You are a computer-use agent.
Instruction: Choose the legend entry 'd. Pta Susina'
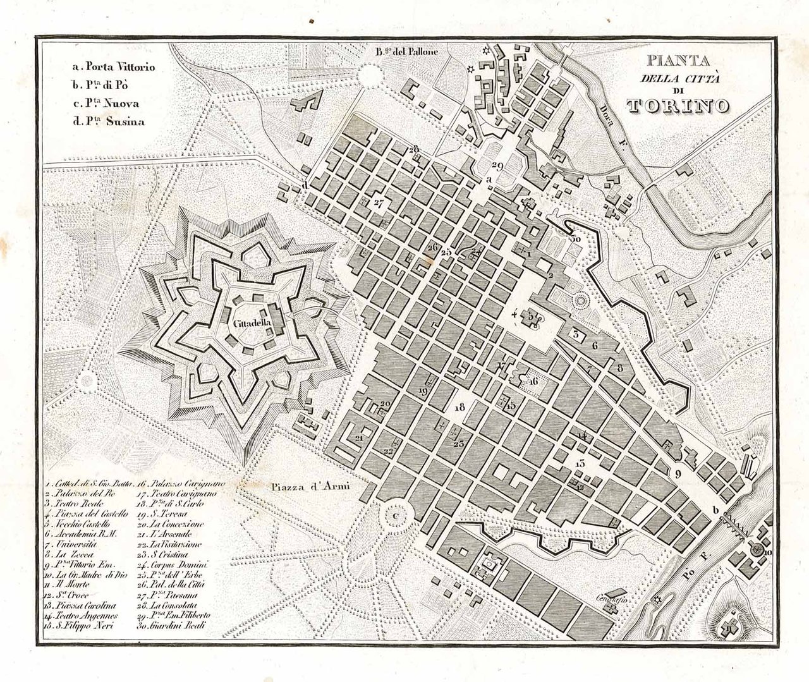pos(107,121)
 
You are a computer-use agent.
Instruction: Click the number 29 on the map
pos(496,166)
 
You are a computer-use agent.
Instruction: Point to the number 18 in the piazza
pos(459,406)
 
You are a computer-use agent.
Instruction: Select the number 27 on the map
pos(379,204)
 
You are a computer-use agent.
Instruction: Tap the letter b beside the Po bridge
pos(716,511)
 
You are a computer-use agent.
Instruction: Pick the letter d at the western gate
pos(305,185)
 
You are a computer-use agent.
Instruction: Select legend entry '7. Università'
pos(71,543)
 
